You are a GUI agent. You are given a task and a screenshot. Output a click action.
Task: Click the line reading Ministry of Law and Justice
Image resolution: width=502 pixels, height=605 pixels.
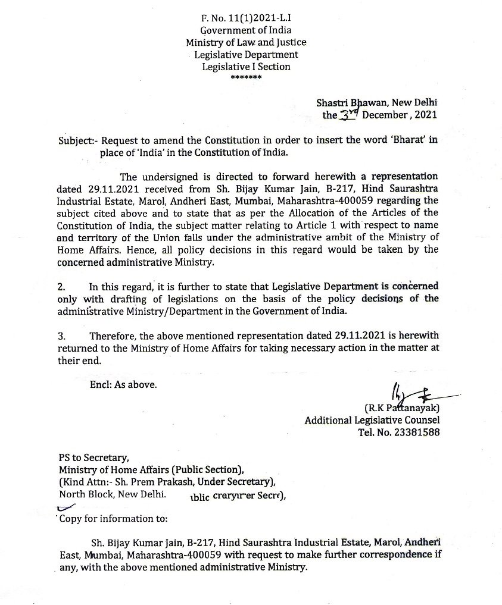tap(246, 42)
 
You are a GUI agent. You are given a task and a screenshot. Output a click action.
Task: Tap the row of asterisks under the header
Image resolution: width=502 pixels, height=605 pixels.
tap(245, 78)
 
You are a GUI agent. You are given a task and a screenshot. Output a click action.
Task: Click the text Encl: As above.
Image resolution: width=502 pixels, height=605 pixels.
tap(123, 385)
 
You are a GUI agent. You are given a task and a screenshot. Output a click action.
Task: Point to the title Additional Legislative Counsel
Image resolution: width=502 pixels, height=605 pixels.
tap(372, 421)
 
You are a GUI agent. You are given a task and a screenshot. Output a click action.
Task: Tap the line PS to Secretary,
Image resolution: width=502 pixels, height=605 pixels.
tap(93, 457)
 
